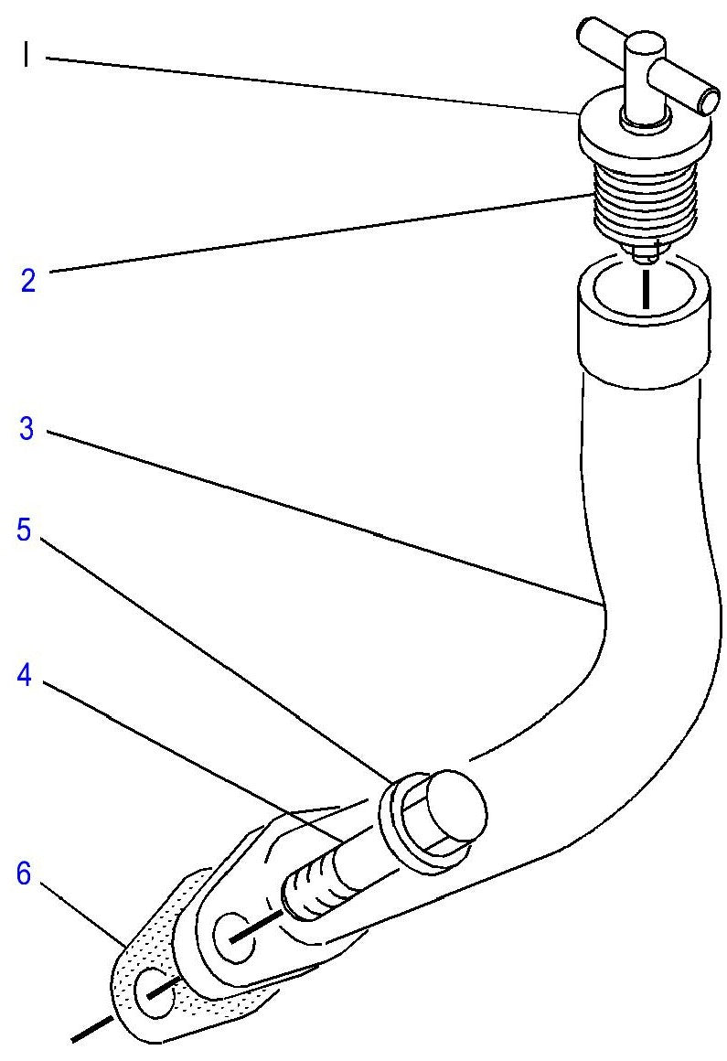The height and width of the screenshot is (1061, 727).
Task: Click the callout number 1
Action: (x=25, y=55)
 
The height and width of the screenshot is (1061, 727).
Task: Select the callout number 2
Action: (x=27, y=280)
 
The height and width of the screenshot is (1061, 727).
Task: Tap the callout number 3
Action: (x=27, y=429)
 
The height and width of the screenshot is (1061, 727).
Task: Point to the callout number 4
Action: (x=25, y=675)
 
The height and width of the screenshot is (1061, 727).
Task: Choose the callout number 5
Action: (x=25, y=530)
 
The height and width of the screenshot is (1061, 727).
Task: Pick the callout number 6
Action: (x=24, y=873)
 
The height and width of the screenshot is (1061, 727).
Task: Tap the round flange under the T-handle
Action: (x=645, y=131)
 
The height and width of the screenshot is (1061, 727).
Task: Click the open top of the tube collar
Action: (x=644, y=291)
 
